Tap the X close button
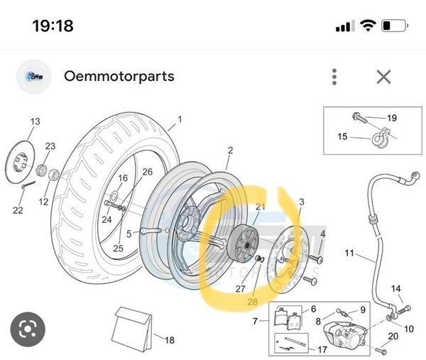(383, 77)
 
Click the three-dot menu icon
(334, 77)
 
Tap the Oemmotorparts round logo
(34, 77)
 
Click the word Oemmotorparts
(119, 77)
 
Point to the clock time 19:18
(53, 26)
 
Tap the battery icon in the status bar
(395, 26)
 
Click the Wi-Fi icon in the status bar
(368, 26)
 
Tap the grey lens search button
(28, 329)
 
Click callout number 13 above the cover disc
(35, 121)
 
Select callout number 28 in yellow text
(253, 302)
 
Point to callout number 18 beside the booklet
(170, 340)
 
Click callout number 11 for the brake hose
(349, 253)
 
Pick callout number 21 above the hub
(261, 207)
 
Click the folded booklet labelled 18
(132, 329)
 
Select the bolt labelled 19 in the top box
(360, 118)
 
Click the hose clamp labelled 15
(381, 138)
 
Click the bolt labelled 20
(381, 351)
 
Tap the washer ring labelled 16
(114, 195)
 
